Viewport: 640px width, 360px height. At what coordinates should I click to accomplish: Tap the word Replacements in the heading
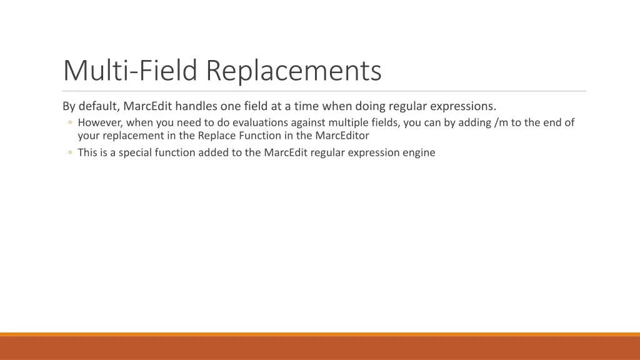click(294, 70)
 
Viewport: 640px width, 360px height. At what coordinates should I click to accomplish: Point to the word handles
click(196, 106)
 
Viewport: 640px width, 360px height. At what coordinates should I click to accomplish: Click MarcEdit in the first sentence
click(147, 106)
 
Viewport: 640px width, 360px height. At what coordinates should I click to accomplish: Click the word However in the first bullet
click(99, 122)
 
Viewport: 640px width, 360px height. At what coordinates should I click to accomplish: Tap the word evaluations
click(261, 122)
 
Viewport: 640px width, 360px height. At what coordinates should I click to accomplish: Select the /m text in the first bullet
click(501, 122)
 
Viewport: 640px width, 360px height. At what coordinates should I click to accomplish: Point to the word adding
click(474, 122)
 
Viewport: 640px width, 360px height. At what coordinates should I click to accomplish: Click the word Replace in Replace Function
click(217, 135)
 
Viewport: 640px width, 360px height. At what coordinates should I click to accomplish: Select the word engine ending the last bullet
click(419, 152)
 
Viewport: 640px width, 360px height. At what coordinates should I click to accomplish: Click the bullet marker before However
click(71, 123)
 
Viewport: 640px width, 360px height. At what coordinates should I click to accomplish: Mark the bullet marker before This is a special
click(71, 152)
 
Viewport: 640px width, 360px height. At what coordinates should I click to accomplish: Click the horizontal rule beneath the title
click(324, 91)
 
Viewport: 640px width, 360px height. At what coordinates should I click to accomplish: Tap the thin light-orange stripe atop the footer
click(320, 334)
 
